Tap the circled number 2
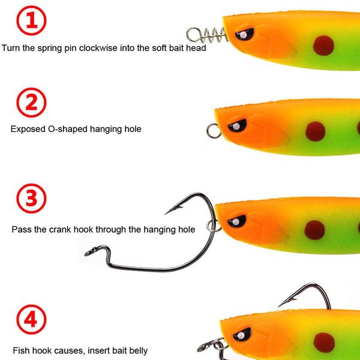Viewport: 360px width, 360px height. pyautogui.click(x=31, y=104)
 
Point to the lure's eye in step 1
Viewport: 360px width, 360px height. pyautogui.click(x=243, y=34)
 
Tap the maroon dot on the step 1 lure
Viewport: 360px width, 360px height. pyautogui.click(x=323, y=45)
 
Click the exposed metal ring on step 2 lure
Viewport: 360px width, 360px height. pyautogui.click(x=213, y=130)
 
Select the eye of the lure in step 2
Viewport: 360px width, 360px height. pyautogui.click(x=237, y=125)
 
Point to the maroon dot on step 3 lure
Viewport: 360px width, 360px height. pyautogui.click(x=314, y=229)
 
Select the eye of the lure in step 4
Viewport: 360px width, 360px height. pyautogui.click(x=242, y=334)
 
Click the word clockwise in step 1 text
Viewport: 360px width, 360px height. pyautogui.click(x=94, y=48)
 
